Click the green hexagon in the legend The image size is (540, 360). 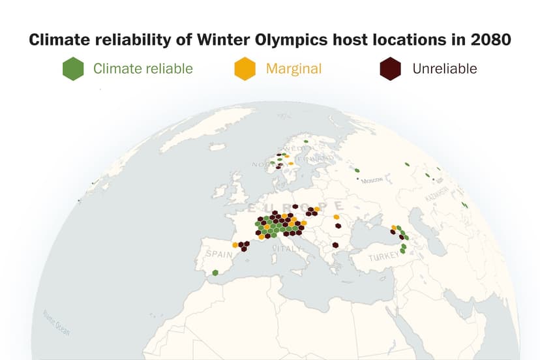[x=73, y=68]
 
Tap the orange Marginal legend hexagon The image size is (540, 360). [x=245, y=68]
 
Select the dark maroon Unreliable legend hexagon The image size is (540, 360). [x=390, y=68]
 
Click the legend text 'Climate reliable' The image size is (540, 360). [x=143, y=68]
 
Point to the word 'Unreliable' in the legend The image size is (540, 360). [x=444, y=68]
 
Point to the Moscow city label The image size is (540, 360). [x=372, y=179]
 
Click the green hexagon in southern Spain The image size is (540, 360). [x=215, y=273]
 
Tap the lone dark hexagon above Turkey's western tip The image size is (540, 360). [x=335, y=245]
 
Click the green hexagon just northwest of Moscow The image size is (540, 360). [x=357, y=171]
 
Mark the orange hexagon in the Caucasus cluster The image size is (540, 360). [x=394, y=228]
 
